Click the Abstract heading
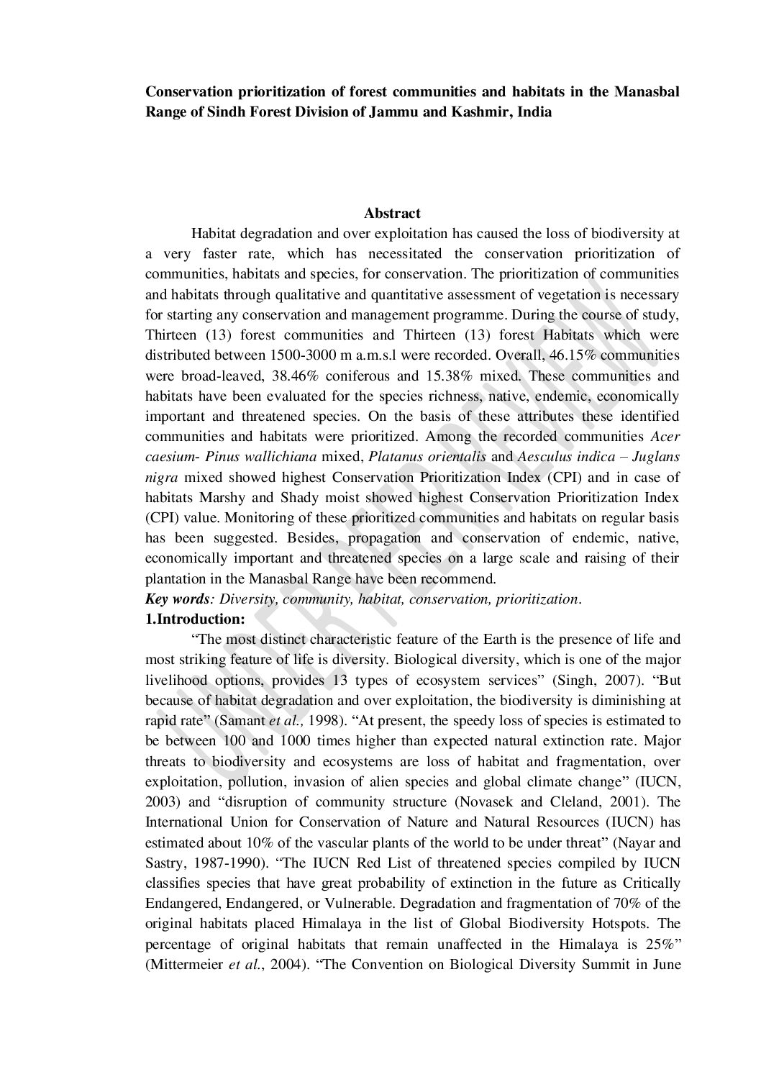point(392,213)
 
